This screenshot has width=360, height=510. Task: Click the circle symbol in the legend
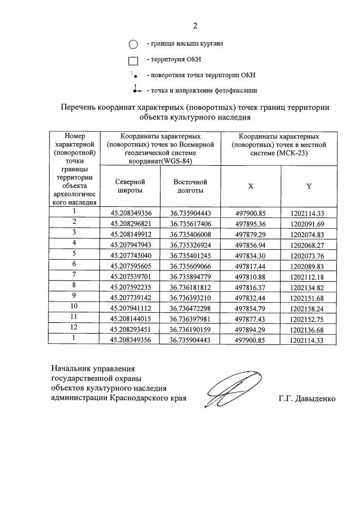133,45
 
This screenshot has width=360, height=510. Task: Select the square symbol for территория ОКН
133,61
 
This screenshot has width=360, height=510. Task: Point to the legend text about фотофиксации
201,90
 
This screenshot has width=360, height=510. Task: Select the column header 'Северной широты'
130,186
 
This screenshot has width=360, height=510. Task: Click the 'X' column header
251,187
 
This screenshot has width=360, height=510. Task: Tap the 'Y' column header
309,187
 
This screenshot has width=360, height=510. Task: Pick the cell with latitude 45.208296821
131,223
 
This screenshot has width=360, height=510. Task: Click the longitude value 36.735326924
190,244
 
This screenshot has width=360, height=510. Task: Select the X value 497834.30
250,255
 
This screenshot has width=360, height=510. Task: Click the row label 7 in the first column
74,274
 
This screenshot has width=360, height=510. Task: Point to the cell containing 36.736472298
190,308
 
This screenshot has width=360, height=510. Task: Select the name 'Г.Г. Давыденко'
306,399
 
